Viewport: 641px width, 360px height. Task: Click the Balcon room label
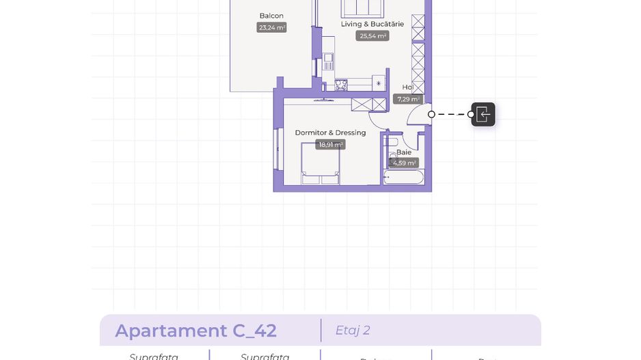[271, 16]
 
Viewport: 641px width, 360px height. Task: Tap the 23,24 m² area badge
[272, 28]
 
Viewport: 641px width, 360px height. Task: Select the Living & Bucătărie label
[372, 24]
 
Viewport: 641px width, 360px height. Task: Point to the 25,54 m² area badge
[372, 36]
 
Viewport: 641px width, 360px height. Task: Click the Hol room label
[407, 87]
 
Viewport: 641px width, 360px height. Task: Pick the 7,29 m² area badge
[408, 99]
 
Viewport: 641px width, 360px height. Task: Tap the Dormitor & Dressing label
[330, 133]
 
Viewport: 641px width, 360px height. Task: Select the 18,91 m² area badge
[330, 145]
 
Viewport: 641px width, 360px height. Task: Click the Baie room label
[404, 152]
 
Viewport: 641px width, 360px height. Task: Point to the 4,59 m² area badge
[404, 163]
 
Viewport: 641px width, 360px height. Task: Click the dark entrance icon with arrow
[483, 114]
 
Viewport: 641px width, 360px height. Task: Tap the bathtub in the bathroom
[403, 177]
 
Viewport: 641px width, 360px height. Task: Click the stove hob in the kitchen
[341, 85]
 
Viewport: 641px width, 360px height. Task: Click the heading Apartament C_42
[195, 331]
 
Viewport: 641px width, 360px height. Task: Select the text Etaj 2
[353, 331]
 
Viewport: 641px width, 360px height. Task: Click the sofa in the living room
[362, 8]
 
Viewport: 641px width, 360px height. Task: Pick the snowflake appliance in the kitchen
[378, 83]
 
